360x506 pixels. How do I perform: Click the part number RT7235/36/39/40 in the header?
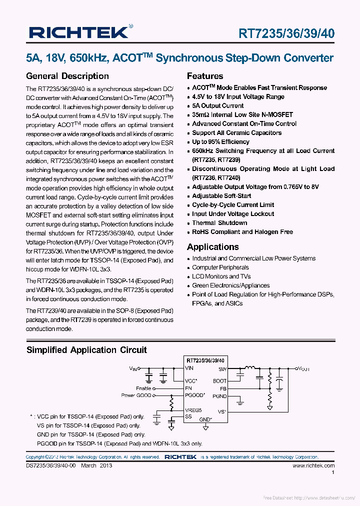[x=286, y=33]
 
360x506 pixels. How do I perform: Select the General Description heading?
[x=67, y=76]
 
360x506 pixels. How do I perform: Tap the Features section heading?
[x=205, y=76]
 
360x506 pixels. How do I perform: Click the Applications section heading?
[x=212, y=247]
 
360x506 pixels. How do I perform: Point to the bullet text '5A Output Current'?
[x=218, y=106]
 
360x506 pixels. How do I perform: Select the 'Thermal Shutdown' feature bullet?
[x=219, y=223]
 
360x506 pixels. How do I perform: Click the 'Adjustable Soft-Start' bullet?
[x=221, y=196]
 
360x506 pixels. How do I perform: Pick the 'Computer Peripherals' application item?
[x=220, y=267]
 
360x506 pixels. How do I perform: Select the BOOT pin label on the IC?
[x=219, y=381]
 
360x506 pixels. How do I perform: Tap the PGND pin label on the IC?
[x=219, y=395]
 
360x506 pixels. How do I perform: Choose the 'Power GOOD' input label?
[x=135, y=395]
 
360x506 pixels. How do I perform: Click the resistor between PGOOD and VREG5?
[x=171, y=402]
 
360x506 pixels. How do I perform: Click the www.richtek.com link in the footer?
[x=313, y=465]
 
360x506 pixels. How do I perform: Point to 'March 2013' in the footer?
[x=96, y=465]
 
